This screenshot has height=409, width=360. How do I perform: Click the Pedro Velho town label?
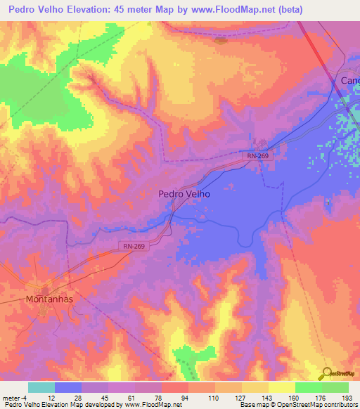[x=184, y=195]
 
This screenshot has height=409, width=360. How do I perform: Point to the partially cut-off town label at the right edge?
[x=349, y=81]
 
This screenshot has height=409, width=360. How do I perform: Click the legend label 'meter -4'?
[x=12, y=398]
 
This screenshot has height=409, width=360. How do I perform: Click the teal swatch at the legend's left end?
[x=41, y=387]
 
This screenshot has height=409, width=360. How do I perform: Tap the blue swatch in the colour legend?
[x=68, y=387]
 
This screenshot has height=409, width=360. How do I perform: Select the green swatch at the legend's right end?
[x=335, y=387]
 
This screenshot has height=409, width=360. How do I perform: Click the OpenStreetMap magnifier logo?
[x=328, y=372]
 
